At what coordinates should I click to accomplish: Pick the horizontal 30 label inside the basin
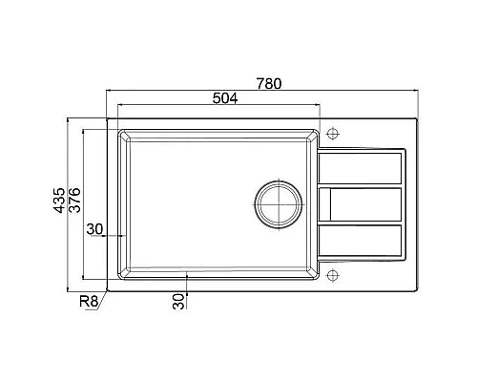coord(95,228)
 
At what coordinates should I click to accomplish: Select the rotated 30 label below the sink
coord(178,301)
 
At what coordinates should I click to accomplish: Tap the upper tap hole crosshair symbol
coord(332,132)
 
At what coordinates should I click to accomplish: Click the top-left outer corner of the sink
coord(106,119)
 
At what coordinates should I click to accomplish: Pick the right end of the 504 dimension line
coord(319,106)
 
